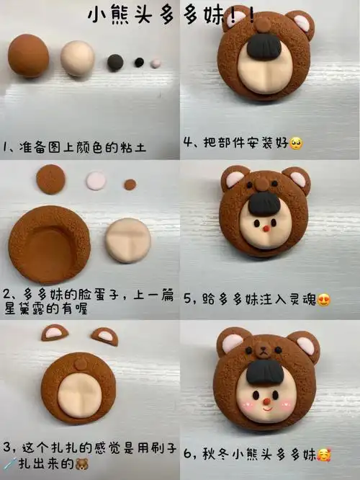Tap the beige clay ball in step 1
78,58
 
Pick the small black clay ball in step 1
139,63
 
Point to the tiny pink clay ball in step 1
156,63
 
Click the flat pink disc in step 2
96,179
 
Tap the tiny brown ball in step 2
130,185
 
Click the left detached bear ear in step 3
54,333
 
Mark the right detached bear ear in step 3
104,335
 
